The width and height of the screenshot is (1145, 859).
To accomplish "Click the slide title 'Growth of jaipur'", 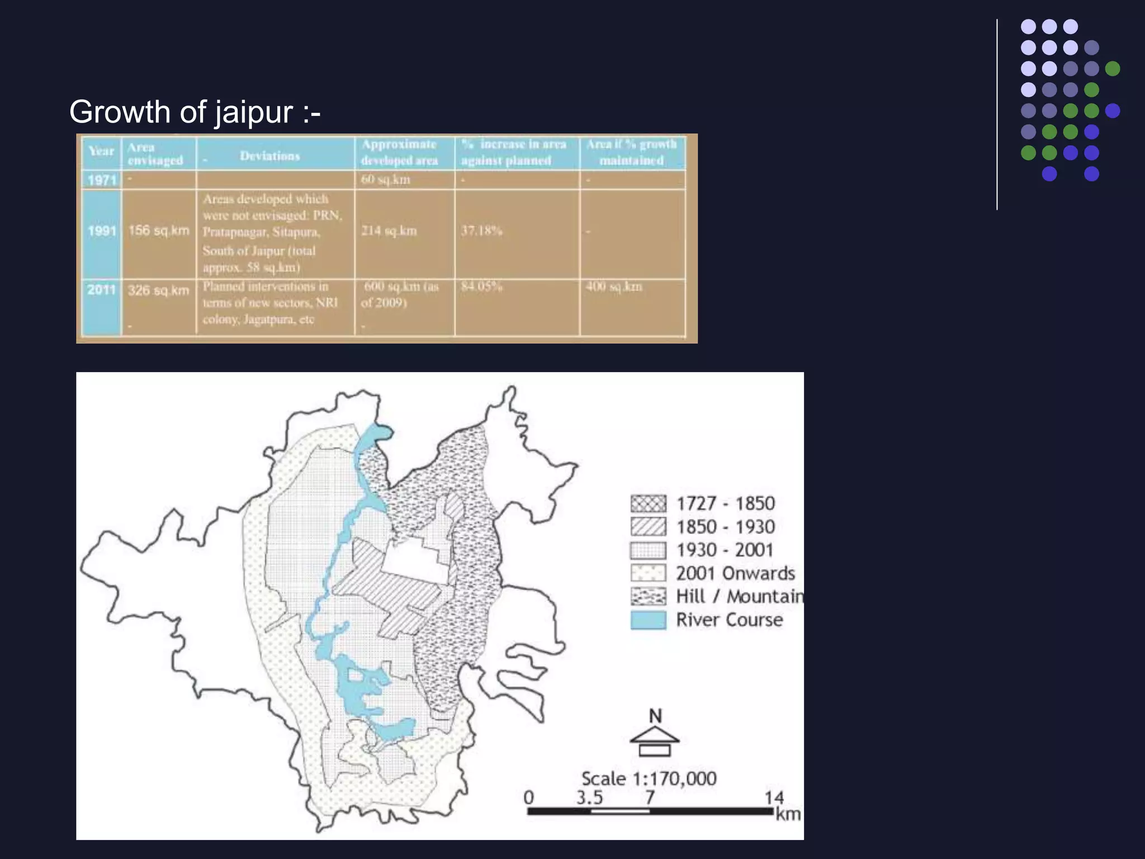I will [195, 112].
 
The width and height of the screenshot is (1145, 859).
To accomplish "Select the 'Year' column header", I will [101, 151].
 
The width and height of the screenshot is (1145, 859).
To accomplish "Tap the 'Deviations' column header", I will [270, 156].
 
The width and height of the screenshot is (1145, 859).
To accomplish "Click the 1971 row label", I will [102, 180].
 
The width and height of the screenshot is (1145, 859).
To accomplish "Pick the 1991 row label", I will [102, 230].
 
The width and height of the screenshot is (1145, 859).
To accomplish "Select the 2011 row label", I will [101, 290].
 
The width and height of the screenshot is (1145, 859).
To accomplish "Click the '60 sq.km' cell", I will [386, 180].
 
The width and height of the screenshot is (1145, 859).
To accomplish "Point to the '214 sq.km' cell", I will [389, 230].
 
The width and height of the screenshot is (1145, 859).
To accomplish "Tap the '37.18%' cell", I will [482, 230].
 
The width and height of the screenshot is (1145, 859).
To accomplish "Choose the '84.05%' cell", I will [482, 286].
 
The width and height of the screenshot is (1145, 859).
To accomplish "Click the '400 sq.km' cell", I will [614, 286].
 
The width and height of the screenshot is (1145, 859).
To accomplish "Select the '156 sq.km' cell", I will [159, 230].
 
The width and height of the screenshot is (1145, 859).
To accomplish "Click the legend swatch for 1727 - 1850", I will [648, 504].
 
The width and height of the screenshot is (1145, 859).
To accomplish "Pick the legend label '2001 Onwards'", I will [735, 573].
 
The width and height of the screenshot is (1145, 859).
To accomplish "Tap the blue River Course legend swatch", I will [648, 620].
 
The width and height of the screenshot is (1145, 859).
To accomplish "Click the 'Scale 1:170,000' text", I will [649, 778].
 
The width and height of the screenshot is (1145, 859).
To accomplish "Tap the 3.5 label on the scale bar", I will [590, 797].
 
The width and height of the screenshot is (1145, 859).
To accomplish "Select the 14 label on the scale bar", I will [774, 797].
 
